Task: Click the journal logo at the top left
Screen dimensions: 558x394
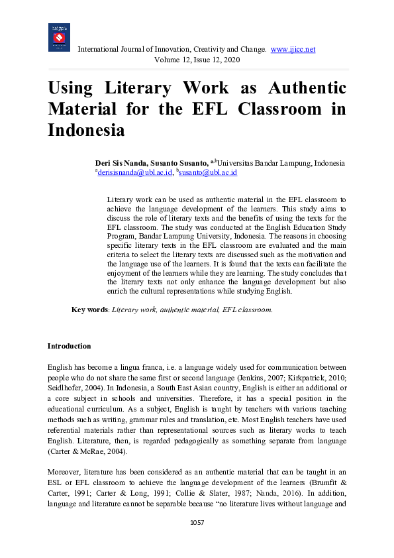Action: (x=59, y=38)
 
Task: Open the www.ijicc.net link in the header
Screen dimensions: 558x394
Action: (x=293, y=49)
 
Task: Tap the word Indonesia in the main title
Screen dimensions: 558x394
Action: (x=86, y=129)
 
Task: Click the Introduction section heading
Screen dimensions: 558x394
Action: (x=70, y=346)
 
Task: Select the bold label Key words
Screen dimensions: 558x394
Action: (x=89, y=309)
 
